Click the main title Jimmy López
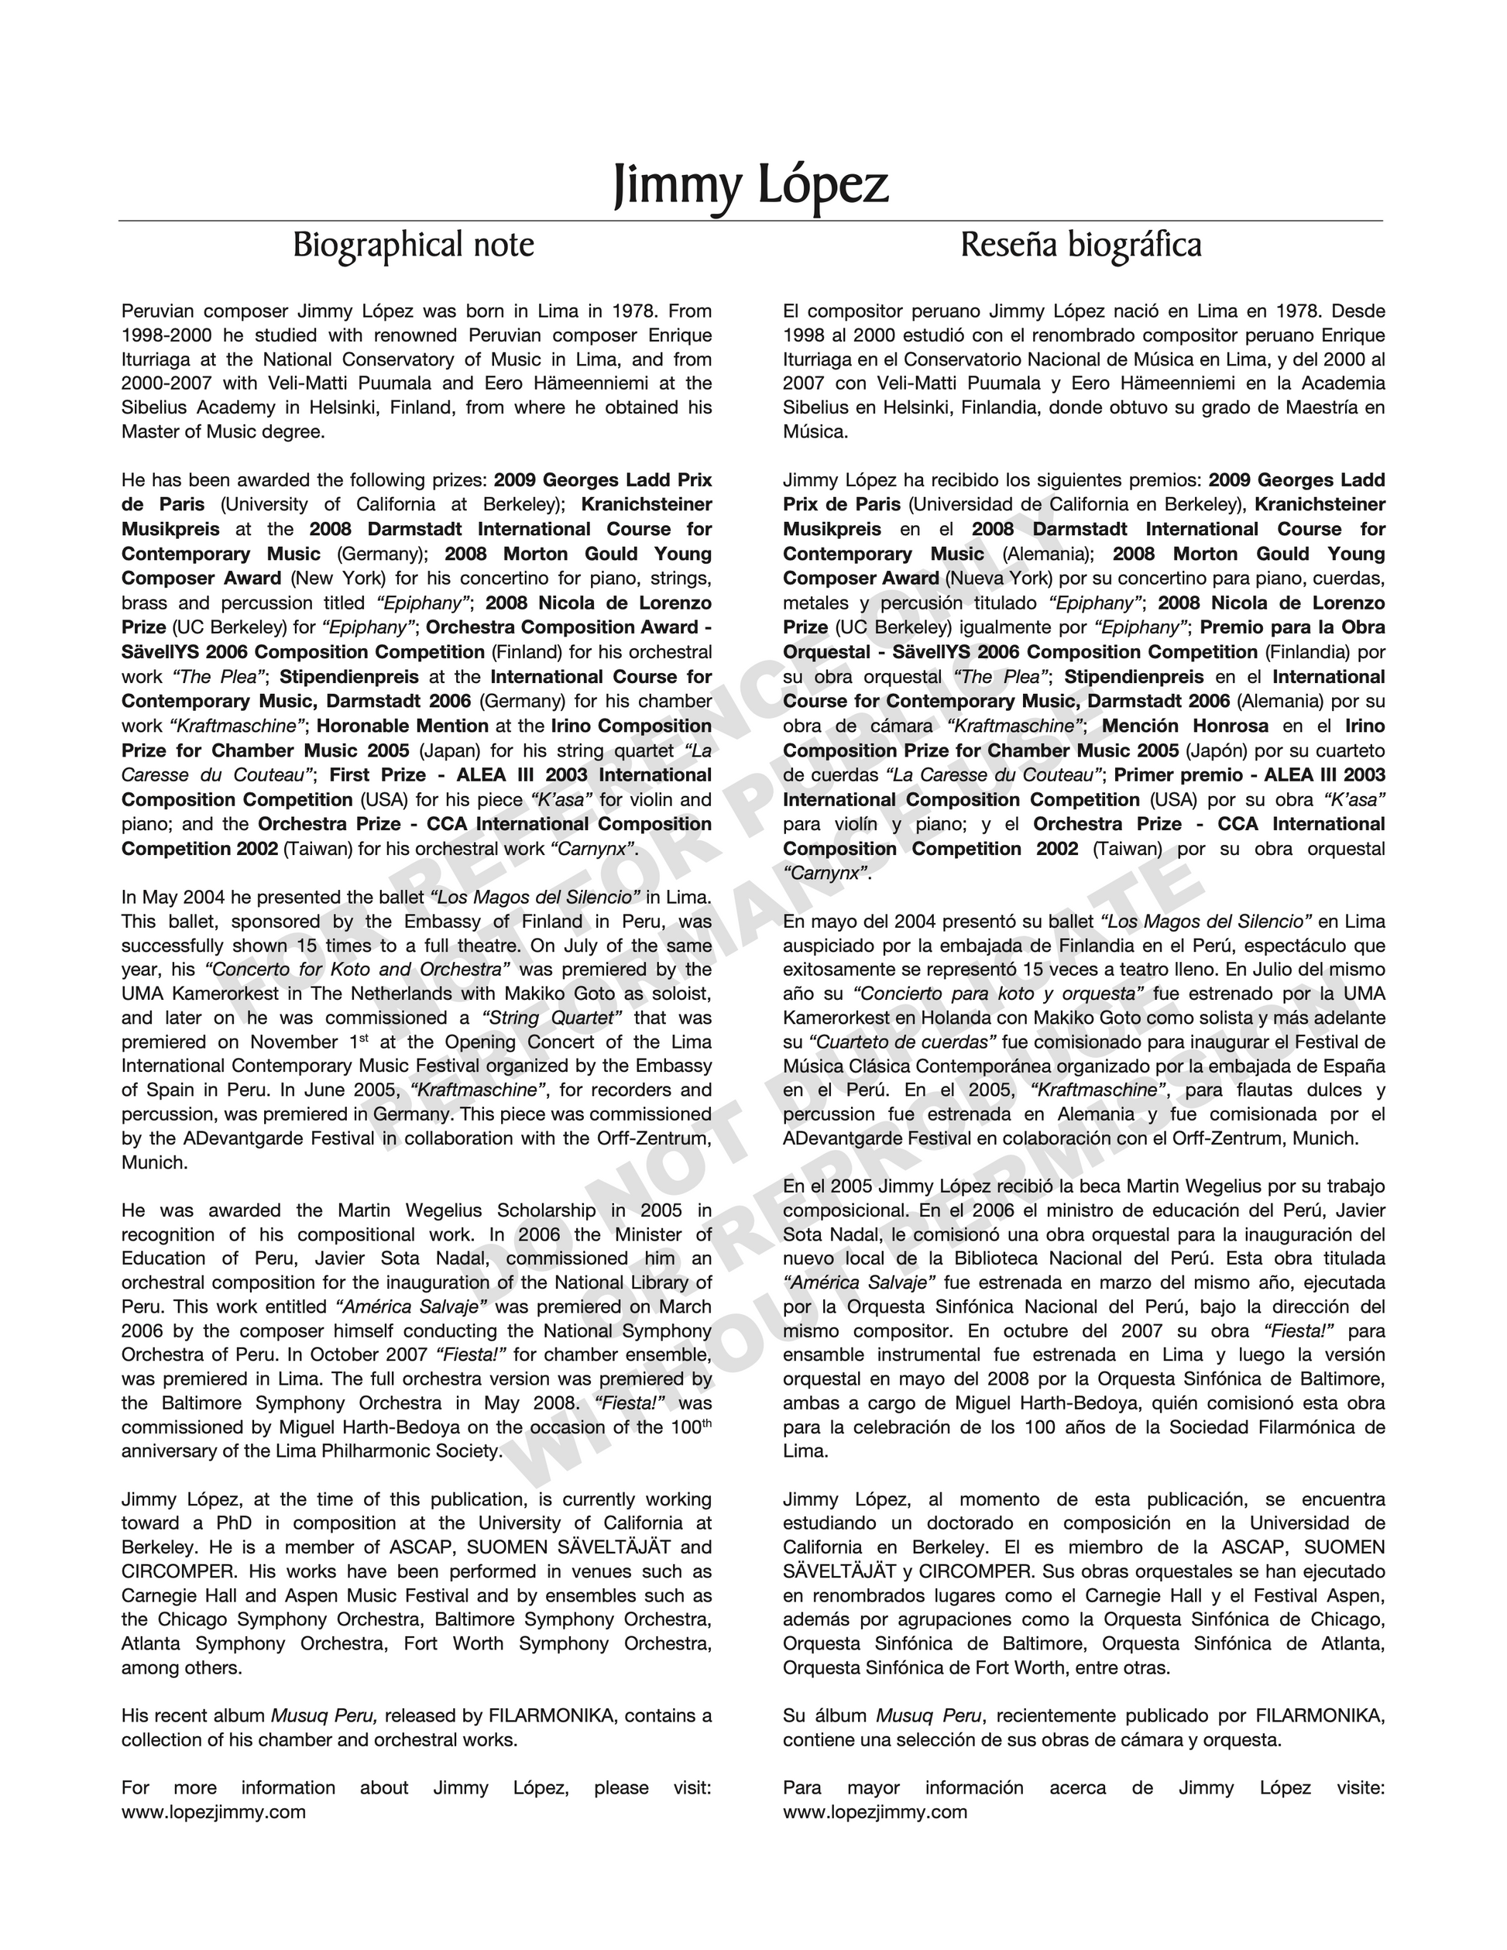pyautogui.click(x=752, y=186)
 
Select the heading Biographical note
pyautogui.click(x=414, y=245)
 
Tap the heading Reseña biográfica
pyautogui.click(x=1080, y=245)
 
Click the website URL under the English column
pyautogui.click(x=214, y=1811)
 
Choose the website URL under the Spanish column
pyautogui.click(x=875, y=1811)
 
